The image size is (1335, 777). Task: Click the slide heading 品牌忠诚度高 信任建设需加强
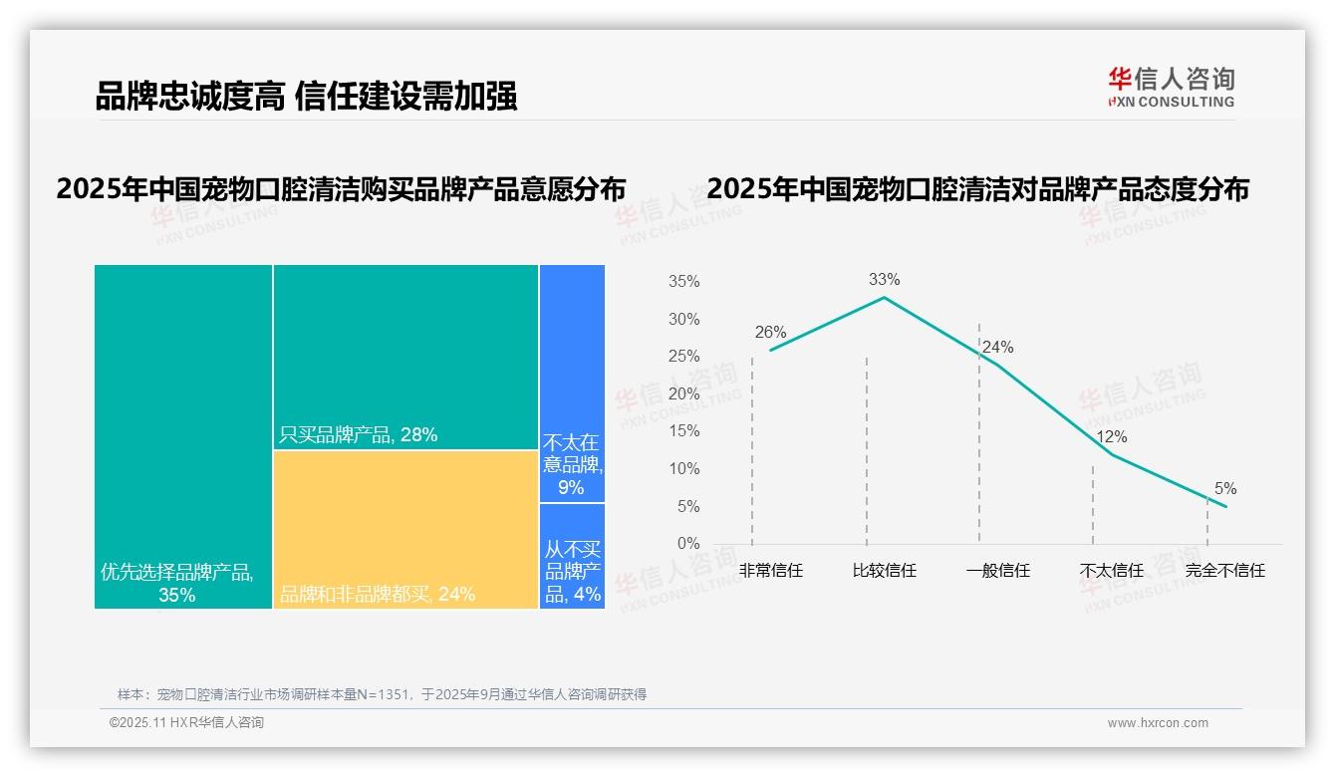click(306, 97)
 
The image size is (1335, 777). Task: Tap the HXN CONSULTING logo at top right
click(1171, 87)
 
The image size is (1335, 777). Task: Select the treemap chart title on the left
click(341, 188)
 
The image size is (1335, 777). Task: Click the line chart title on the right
click(977, 188)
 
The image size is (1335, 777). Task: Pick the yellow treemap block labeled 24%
click(405, 528)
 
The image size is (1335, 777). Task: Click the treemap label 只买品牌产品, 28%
click(359, 435)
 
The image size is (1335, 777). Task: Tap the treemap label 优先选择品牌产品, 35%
click(177, 584)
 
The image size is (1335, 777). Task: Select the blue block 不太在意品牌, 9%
click(572, 464)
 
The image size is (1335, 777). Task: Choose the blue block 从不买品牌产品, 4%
click(573, 572)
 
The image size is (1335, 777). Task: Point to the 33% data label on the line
click(884, 280)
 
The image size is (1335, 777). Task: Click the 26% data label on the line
click(770, 333)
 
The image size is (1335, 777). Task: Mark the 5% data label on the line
click(1225, 489)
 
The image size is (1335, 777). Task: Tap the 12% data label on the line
click(1112, 437)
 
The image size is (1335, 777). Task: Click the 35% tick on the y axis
click(684, 282)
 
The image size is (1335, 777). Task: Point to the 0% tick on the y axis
click(688, 544)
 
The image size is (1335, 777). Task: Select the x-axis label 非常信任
click(770, 571)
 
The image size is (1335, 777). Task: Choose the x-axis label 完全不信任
click(1225, 571)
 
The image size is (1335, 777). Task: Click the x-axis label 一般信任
click(998, 571)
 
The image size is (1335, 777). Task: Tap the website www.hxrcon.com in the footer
click(1158, 723)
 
